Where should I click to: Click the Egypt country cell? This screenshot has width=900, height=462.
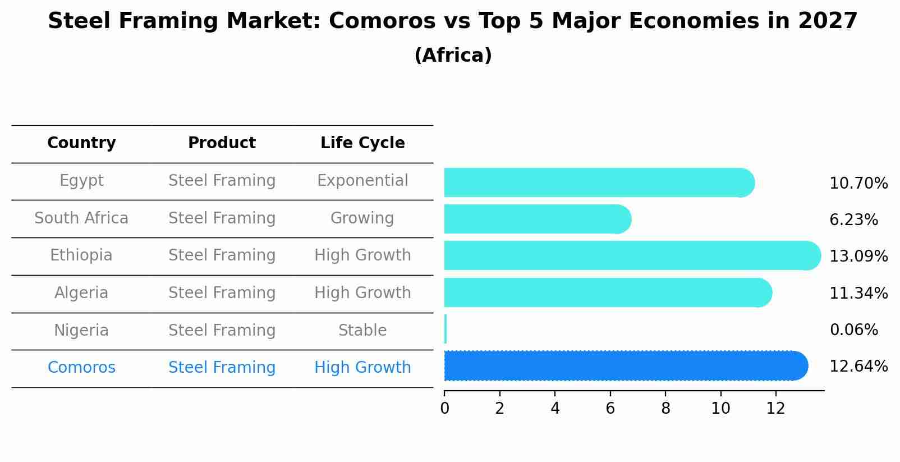[x=81, y=181]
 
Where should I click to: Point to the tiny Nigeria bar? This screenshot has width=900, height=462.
[x=446, y=330]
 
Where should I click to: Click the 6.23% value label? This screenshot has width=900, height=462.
[x=853, y=220]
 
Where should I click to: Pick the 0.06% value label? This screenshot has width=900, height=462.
[x=853, y=330]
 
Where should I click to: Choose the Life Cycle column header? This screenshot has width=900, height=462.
[x=362, y=143]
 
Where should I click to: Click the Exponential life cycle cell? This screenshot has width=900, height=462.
[x=362, y=181]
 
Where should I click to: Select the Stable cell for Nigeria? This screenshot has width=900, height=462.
[x=362, y=331]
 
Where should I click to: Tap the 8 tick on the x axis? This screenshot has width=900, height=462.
[x=665, y=409]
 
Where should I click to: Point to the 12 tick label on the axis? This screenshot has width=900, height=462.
[x=775, y=409]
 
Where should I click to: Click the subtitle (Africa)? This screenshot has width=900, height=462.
[x=453, y=56]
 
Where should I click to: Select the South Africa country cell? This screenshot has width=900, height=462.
[x=81, y=218]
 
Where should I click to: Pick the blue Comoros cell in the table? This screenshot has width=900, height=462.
[x=81, y=368]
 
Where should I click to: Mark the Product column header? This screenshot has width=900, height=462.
[x=222, y=143]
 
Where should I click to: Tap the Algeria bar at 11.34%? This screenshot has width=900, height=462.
[x=606, y=293]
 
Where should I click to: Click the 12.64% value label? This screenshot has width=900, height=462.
[x=858, y=367]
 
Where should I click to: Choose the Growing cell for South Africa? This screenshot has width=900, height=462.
[x=362, y=218]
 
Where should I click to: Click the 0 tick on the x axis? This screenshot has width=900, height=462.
[x=444, y=409]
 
